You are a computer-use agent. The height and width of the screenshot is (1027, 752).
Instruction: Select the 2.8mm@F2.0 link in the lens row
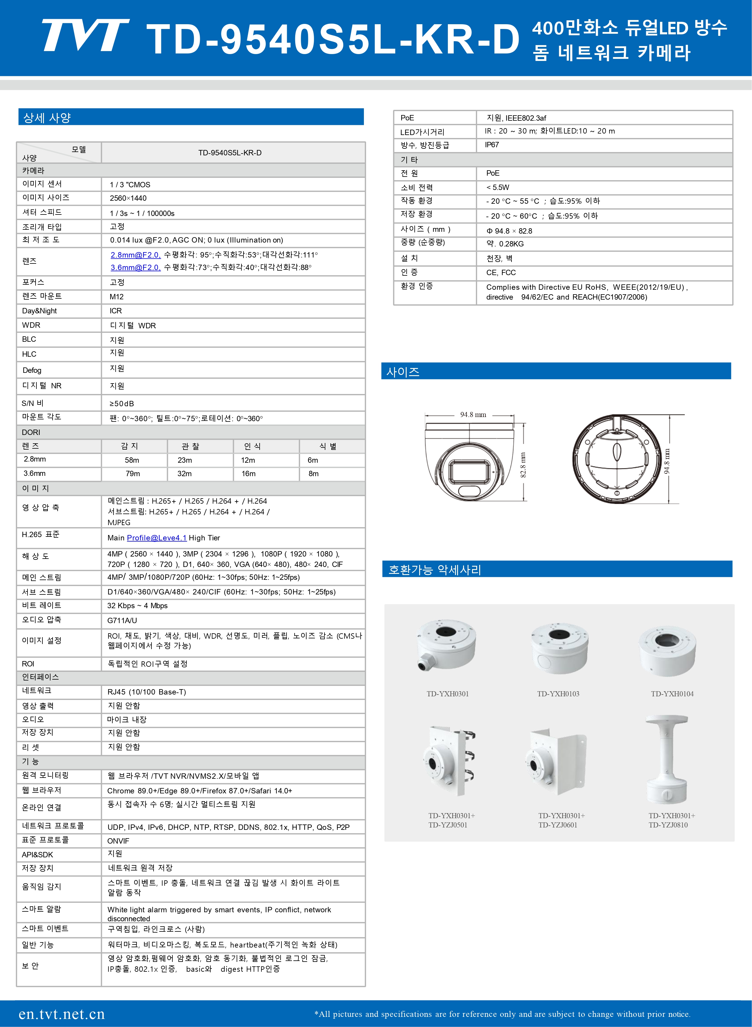pyautogui.click(x=135, y=255)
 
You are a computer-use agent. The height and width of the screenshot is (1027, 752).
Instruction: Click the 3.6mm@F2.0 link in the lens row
pyautogui.click(x=135, y=268)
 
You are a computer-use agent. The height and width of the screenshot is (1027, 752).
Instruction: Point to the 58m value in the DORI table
pyautogui.click(x=132, y=460)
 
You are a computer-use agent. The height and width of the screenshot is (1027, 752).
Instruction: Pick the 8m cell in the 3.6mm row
pyautogui.click(x=314, y=474)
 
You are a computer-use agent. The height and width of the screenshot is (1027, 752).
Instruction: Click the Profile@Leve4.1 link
pyautogui.click(x=157, y=538)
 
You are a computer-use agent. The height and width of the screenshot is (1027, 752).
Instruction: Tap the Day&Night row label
pyautogui.click(x=40, y=311)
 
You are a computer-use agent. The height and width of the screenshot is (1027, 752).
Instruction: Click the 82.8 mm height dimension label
pyautogui.click(x=523, y=465)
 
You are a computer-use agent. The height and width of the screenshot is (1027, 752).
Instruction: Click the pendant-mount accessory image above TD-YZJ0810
pyautogui.click(x=667, y=760)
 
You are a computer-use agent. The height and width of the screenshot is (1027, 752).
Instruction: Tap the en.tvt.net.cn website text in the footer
pyautogui.click(x=62, y=1014)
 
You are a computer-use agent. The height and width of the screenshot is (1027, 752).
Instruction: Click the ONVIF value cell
pyautogui.click(x=118, y=841)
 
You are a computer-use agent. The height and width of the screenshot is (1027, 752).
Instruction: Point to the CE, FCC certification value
pyautogui.click(x=501, y=272)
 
